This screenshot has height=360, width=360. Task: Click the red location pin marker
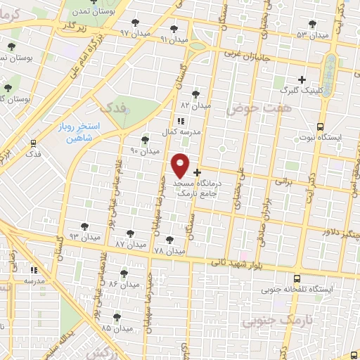[x=181, y=166]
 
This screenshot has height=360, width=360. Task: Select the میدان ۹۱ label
[x=174, y=39]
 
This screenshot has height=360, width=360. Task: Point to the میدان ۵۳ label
[x=312, y=34]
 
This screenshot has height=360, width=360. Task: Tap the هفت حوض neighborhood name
[x=254, y=108]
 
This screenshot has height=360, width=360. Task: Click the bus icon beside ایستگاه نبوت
[x=321, y=127]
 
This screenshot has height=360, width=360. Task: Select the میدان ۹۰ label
[x=145, y=150]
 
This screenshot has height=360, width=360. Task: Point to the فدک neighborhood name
[x=114, y=108]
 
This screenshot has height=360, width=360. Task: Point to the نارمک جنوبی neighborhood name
[x=271, y=322]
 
